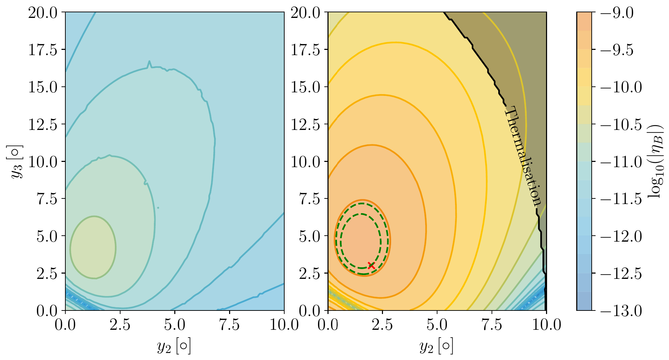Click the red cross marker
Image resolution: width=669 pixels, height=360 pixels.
coord(371,266)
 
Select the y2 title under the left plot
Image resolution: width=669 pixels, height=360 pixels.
coord(174,347)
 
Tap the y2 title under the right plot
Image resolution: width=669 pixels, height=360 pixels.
coord(437,347)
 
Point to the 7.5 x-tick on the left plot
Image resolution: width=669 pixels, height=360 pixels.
coord(229,325)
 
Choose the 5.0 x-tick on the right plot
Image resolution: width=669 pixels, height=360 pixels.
coord(437,325)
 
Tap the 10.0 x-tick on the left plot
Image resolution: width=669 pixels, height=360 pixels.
coord(284,325)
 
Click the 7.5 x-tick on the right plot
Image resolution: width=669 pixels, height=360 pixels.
coord(492,325)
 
